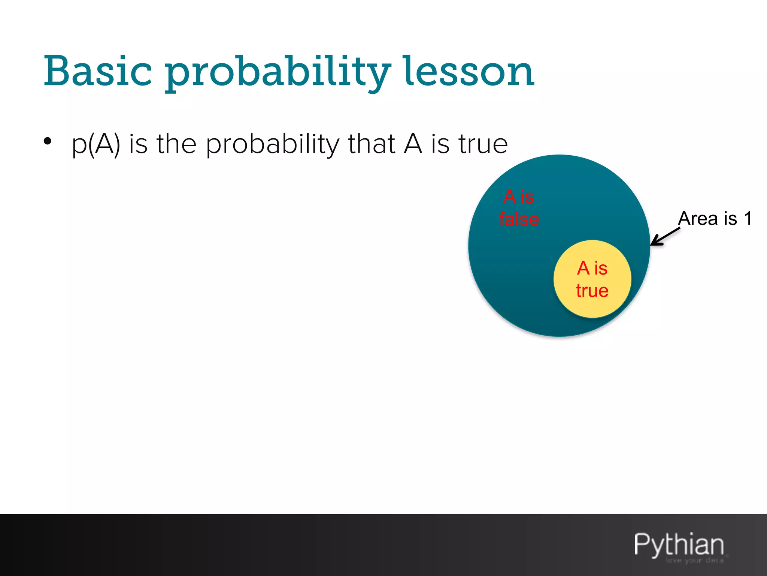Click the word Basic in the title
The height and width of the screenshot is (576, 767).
[98, 71]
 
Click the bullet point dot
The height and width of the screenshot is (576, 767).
[47, 141]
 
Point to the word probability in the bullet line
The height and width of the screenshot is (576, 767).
[273, 144]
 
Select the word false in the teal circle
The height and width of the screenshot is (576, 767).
[519, 219]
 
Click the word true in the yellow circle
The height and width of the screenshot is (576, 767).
[592, 291]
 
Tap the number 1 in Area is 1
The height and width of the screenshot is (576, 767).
[748, 218]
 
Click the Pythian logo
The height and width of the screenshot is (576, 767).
[679, 544]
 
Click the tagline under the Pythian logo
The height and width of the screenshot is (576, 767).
[694, 561]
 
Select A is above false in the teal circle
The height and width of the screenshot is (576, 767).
[519, 197]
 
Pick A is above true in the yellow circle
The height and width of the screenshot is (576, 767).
[592, 268]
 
